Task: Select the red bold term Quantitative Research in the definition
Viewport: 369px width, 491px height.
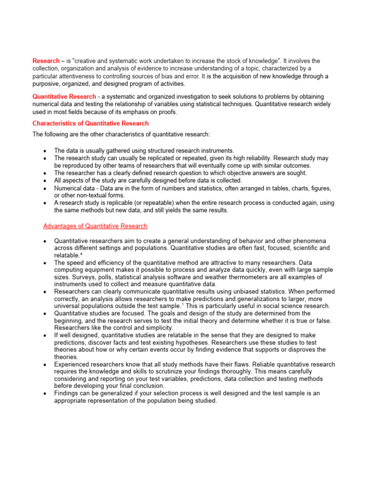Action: point(64,96)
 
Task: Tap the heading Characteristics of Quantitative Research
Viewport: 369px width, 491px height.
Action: point(90,123)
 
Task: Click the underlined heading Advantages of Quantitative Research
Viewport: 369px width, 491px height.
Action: point(95,226)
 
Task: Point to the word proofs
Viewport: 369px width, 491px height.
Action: point(166,112)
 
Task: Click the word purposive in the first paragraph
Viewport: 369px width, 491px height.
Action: point(47,83)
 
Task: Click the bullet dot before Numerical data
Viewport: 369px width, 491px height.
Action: point(45,188)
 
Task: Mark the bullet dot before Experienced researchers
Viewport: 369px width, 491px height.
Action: point(45,364)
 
